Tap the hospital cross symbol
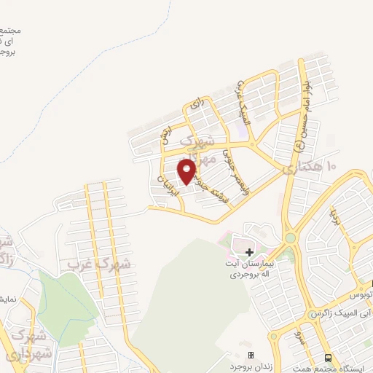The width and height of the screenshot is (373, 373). pyautogui.click(x=249, y=251)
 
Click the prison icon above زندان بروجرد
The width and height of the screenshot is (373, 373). pyautogui.click(x=251, y=355)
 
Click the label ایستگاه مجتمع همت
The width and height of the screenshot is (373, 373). pyautogui.click(x=337, y=367)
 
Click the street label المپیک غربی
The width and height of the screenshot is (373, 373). pyautogui.click(x=245, y=102)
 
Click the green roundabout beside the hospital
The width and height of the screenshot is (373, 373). pyautogui.click(x=290, y=237)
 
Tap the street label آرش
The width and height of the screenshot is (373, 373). pyautogui.click(x=167, y=133)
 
